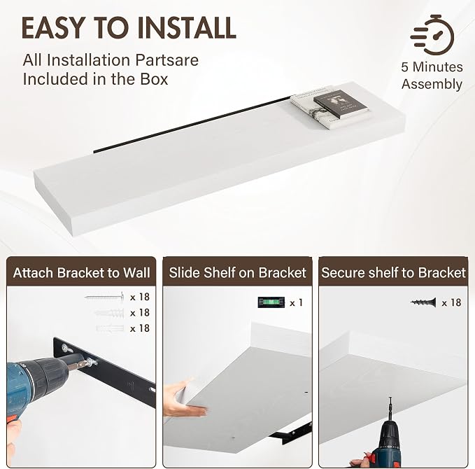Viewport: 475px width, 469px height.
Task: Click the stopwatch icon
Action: (x=432, y=35)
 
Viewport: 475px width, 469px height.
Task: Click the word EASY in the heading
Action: (x=52, y=28)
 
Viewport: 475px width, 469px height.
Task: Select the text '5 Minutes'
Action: (x=432, y=67)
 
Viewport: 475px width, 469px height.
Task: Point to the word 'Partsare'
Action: (x=167, y=60)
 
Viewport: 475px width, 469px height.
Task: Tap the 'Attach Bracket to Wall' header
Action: (x=81, y=272)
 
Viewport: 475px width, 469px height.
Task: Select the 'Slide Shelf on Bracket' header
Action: (x=238, y=272)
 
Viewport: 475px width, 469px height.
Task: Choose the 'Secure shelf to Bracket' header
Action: (x=393, y=272)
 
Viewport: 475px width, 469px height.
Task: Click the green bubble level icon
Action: (x=271, y=302)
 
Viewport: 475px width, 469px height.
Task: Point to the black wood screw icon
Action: (x=423, y=302)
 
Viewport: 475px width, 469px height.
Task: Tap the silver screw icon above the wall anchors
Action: (x=105, y=297)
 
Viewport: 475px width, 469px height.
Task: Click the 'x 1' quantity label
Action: (x=296, y=302)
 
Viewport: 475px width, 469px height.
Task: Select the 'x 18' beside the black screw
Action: (x=451, y=302)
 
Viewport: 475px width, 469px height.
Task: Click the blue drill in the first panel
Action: (x=36, y=385)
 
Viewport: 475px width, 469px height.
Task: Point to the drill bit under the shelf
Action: (x=390, y=408)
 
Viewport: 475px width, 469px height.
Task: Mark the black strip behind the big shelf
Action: (x=192, y=124)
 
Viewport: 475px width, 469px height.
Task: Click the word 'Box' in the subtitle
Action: (x=154, y=79)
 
